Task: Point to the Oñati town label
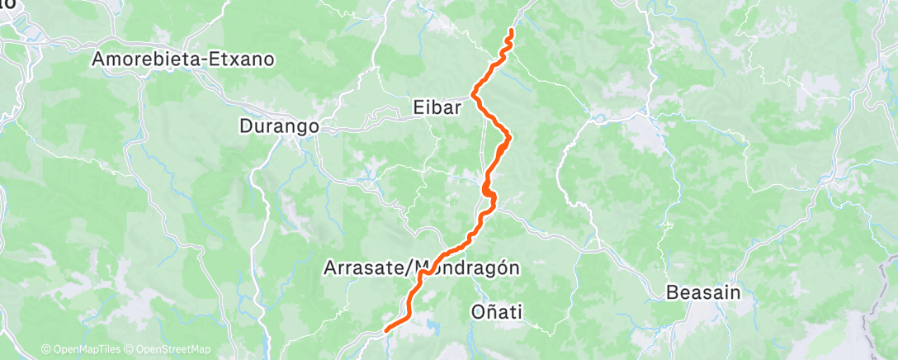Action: pyautogui.click(x=497, y=311)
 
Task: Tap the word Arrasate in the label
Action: pyautogui.click(x=364, y=268)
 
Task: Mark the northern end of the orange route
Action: pyautogui.click(x=512, y=31)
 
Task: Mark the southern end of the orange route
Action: pyautogui.click(x=386, y=330)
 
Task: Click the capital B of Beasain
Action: pyautogui.click(x=672, y=292)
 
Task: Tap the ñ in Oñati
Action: pyautogui.click(x=490, y=311)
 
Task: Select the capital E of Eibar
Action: pyautogui.click(x=418, y=106)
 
